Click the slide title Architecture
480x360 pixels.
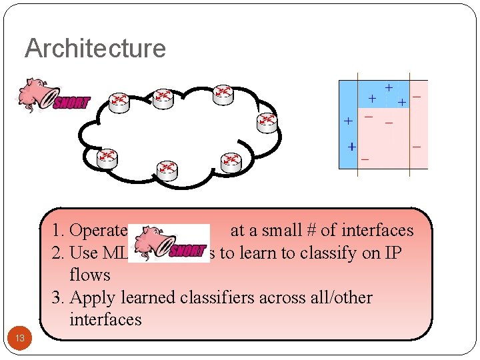[95, 49]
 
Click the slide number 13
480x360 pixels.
[20, 339]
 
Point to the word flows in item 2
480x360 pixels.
[90, 275]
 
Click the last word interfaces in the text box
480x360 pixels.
[105, 319]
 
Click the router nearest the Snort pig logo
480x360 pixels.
[118, 101]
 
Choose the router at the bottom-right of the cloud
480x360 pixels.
[231, 160]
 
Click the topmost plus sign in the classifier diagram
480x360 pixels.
[388, 87]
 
